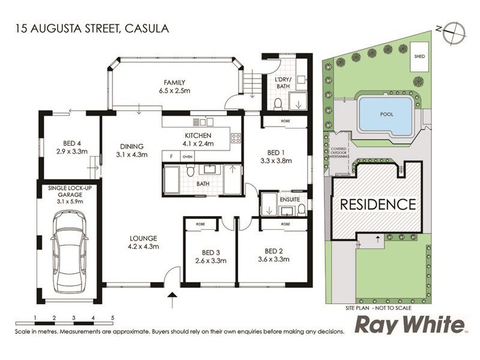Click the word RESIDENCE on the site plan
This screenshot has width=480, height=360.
378,204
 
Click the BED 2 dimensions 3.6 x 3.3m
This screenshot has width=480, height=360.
273,259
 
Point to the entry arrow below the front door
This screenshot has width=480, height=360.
173,296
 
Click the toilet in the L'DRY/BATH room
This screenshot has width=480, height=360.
278,104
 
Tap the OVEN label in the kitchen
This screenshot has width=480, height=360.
187,157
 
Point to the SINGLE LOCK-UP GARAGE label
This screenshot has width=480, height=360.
66,194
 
